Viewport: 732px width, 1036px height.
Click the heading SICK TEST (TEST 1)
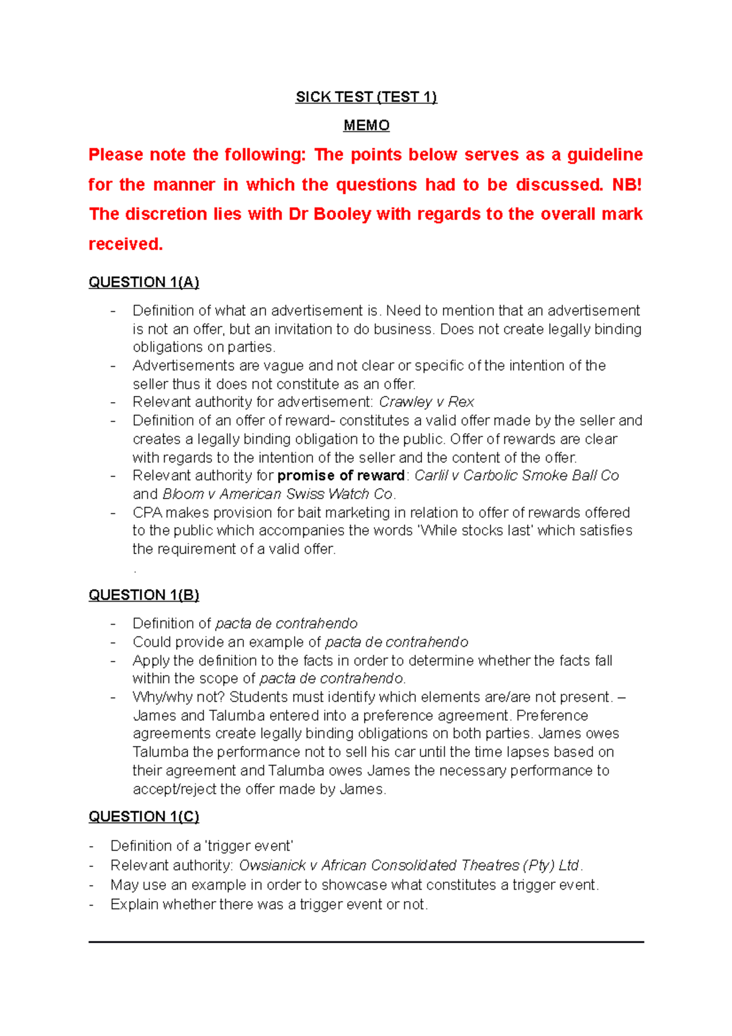tap(366, 97)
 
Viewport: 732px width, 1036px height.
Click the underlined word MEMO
tap(366, 125)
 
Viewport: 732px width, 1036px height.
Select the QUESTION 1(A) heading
tap(144, 282)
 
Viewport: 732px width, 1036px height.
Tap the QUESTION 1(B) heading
tap(144, 595)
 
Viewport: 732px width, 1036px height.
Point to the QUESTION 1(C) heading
tap(144, 816)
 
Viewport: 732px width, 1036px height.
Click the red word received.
tap(126, 244)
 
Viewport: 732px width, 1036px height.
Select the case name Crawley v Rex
tap(426, 402)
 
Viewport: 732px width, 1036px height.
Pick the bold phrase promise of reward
tap(341, 476)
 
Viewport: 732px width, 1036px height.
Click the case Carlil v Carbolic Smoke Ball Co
tap(517, 476)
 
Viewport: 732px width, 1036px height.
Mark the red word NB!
tap(626, 185)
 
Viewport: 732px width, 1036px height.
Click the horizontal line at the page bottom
tap(366, 942)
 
